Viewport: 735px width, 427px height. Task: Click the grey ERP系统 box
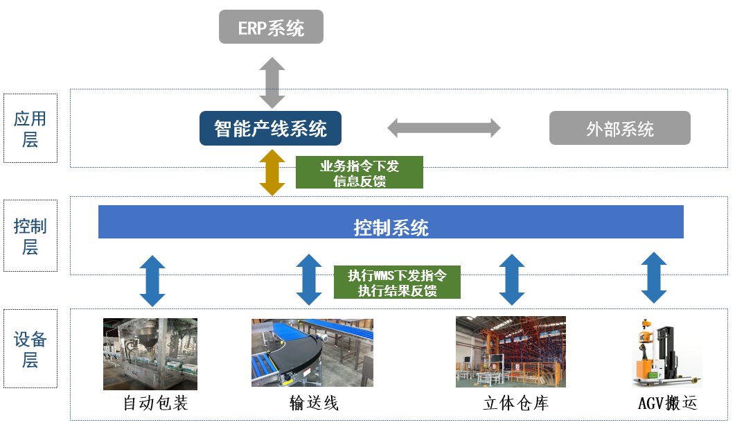[271, 28]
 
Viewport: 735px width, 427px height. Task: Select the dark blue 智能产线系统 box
[270, 128]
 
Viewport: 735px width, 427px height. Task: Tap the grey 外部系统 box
[619, 128]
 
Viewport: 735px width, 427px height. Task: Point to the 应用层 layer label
[30, 129]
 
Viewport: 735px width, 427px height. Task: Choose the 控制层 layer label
[30, 236]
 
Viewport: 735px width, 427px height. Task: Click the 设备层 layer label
[30, 349]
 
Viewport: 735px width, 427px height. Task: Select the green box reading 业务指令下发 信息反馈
[359, 173]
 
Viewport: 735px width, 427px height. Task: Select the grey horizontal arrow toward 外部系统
[443, 128]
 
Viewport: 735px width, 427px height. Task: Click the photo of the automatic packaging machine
[150, 354]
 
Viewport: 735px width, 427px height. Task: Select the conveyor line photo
[312, 352]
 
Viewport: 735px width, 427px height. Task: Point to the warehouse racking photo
[511, 351]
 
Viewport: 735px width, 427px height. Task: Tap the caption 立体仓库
[515, 403]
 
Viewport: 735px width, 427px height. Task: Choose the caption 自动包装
[155, 403]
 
